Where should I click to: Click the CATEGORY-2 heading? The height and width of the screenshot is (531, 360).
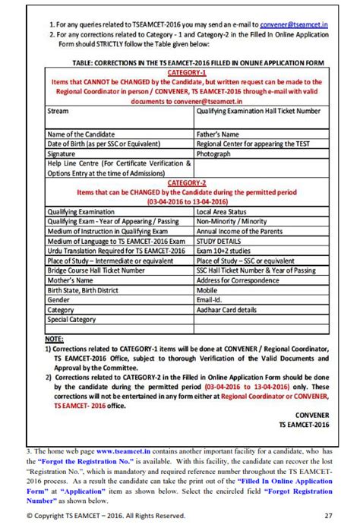(186, 183)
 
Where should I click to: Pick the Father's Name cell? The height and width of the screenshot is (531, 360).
(218, 134)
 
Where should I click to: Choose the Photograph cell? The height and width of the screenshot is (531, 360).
(213, 153)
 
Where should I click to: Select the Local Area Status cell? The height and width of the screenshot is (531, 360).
(222, 212)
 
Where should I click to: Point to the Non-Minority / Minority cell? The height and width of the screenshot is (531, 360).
(231, 222)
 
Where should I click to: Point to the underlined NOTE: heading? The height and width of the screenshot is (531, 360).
(54, 338)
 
